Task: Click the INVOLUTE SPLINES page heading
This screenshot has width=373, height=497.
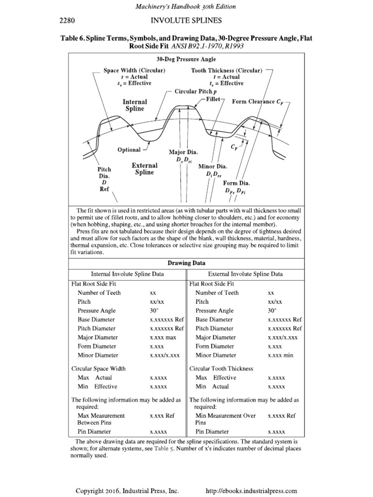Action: (186, 20)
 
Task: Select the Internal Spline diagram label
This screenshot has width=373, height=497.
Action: (135, 105)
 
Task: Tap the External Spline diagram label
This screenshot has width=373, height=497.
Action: (144, 169)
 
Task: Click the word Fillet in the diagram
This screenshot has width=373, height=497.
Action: (213, 99)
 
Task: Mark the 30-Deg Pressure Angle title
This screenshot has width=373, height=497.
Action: (186, 60)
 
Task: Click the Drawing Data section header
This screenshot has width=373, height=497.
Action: (186, 263)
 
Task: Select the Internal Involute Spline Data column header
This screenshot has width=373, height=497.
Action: (127, 274)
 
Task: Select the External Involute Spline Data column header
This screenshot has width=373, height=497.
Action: (245, 274)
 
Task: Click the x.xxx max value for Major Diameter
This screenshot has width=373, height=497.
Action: (164, 337)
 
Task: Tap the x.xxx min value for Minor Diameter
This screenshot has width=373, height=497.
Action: (281, 355)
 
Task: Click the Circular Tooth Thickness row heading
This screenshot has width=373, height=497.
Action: (221, 368)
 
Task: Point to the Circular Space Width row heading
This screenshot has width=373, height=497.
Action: (99, 368)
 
